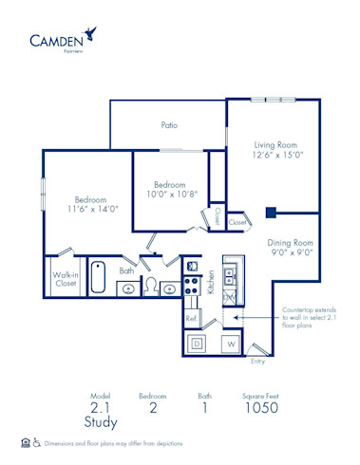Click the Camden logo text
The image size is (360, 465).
coord(54,41)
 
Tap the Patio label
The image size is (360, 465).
coord(169,124)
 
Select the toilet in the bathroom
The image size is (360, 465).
coord(149,288)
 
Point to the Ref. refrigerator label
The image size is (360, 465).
coord(191,318)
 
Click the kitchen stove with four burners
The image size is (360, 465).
coord(191,283)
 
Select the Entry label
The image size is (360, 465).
coord(257,362)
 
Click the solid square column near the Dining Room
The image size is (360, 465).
coord(271,212)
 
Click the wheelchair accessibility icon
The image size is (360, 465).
coord(37,443)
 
